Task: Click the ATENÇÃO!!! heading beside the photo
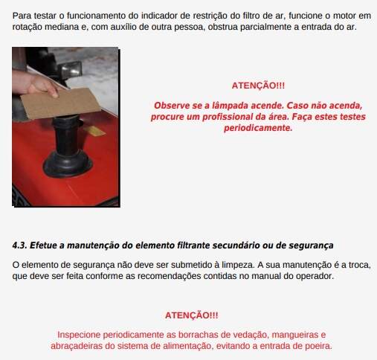click(x=258, y=86)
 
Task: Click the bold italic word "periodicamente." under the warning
click(x=258, y=128)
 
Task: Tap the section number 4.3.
click(x=19, y=245)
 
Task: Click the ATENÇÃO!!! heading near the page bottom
click(x=192, y=315)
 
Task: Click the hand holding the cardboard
click(x=37, y=83)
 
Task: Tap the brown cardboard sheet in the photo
click(x=61, y=103)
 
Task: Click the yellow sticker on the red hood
click(x=95, y=131)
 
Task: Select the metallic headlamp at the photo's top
click(x=70, y=68)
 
